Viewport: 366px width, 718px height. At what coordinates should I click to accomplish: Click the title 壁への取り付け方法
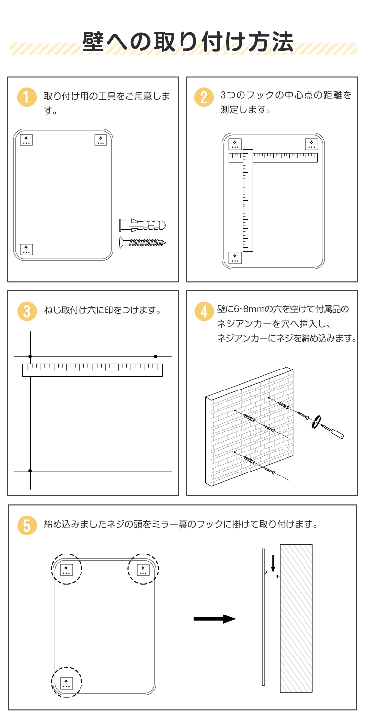click(x=188, y=41)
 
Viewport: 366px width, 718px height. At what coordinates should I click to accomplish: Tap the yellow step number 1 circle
click(x=27, y=97)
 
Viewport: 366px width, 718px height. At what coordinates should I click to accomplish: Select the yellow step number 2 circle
click(x=204, y=97)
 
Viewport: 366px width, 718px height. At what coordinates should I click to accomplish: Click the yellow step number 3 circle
click(x=27, y=311)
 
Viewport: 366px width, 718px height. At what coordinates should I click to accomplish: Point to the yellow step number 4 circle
click(x=204, y=311)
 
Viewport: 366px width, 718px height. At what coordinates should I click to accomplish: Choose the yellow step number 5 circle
click(x=27, y=525)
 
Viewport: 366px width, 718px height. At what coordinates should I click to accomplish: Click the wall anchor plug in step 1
click(x=142, y=225)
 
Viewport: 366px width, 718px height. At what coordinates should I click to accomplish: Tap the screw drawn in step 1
click(x=142, y=242)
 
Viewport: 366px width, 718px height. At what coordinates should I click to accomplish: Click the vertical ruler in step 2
click(x=248, y=201)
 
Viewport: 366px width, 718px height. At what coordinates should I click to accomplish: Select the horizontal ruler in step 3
click(x=92, y=370)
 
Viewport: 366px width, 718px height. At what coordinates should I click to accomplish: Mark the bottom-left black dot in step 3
click(x=30, y=471)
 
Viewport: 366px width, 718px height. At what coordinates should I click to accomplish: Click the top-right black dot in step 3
click(x=156, y=356)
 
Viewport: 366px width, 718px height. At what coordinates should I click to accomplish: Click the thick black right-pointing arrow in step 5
click(x=215, y=619)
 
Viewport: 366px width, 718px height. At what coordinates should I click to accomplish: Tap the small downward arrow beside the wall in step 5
click(x=273, y=564)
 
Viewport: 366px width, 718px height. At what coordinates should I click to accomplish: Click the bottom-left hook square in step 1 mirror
click(x=26, y=249)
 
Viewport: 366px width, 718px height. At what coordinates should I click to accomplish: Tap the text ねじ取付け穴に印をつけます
click(x=102, y=310)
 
